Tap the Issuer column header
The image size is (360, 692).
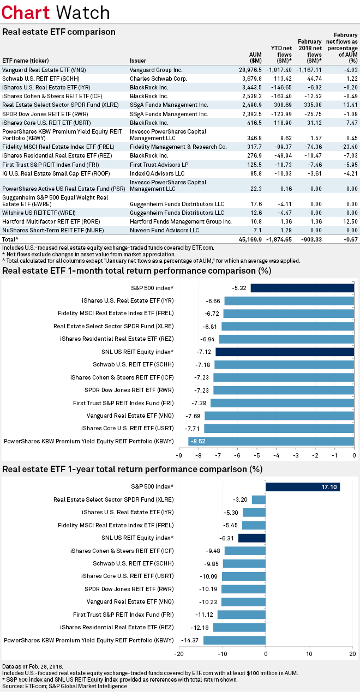tap(138, 60)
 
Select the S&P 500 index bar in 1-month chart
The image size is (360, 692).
tap(302, 288)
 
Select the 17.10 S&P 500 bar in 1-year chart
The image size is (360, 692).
tap(302, 486)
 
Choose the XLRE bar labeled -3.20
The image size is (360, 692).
tap(259, 500)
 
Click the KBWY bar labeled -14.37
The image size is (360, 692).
tap(235, 640)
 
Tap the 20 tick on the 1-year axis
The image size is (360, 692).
tap(352, 654)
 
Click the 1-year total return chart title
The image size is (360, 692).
tap(132, 469)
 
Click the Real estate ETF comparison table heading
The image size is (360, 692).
tap(59, 32)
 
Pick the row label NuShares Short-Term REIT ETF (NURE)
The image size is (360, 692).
tap(49, 230)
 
